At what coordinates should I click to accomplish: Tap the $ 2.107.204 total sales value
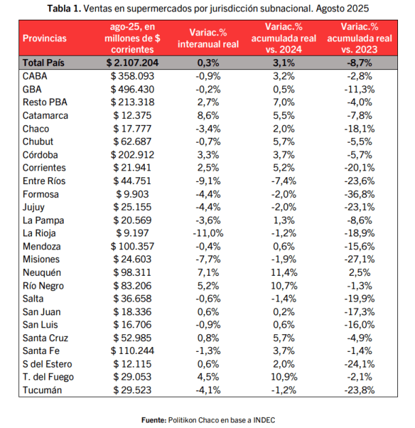tap(133, 63)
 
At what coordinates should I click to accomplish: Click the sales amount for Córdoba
tap(133, 154)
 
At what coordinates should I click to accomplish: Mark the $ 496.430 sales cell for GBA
tap(133, 89)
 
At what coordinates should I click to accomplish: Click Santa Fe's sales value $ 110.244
tap(133, 351)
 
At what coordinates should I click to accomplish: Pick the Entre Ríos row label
tap(44, 181)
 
